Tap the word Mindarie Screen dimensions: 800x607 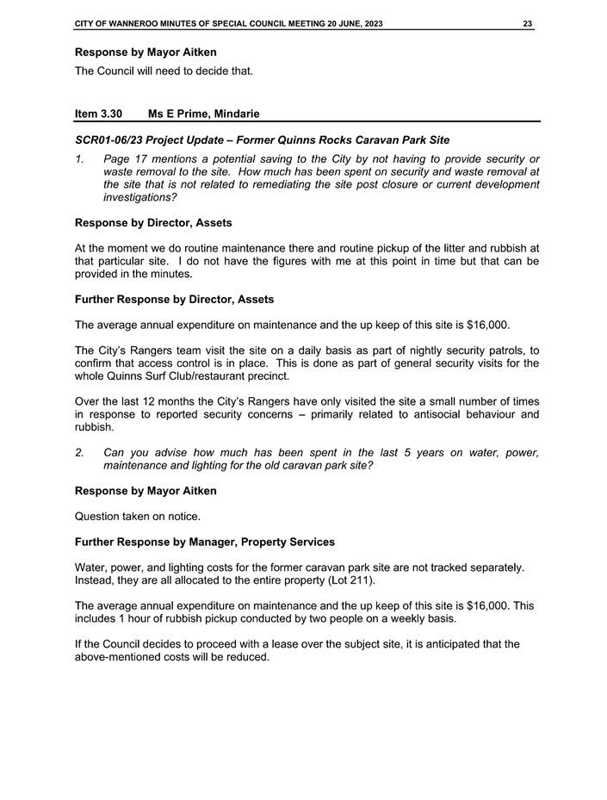(230, 114)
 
